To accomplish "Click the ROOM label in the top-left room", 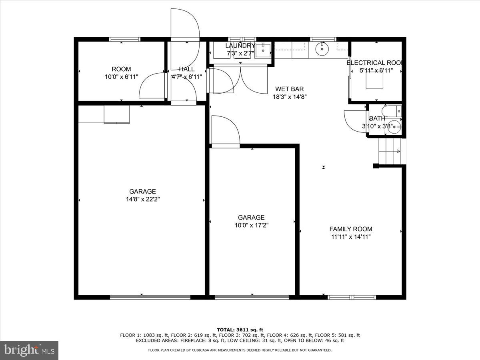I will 121,69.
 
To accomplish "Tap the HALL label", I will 187,69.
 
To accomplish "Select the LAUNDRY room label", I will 240,46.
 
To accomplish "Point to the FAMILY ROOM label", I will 351,229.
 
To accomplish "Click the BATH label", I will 377,118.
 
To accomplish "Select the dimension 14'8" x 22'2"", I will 142,199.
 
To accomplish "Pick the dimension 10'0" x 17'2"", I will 251,225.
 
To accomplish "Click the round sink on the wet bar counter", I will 322,49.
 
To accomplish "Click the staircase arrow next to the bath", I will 397,151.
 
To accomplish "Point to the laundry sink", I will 263,50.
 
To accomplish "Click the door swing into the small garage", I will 225,130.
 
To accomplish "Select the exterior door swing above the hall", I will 184,24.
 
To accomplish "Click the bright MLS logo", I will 29,350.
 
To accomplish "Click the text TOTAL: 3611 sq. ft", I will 240,329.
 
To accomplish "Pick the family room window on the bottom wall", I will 352,297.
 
